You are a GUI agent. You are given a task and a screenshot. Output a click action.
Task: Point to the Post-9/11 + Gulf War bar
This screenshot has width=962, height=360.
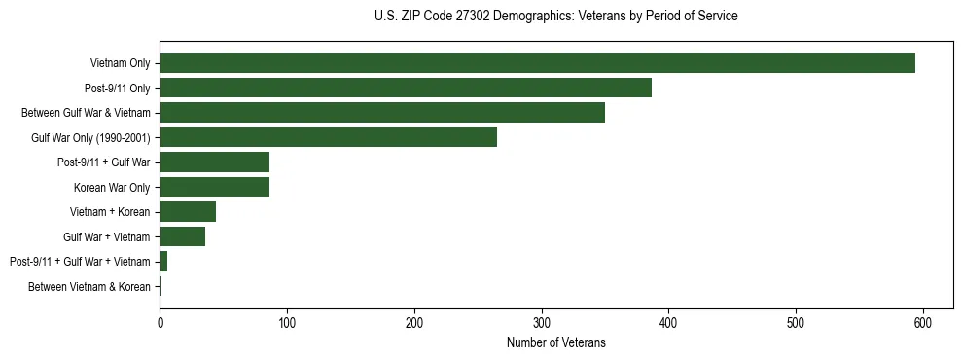tap(214, 162)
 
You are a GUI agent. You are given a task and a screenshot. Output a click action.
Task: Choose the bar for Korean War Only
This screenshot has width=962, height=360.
tap(214, 187)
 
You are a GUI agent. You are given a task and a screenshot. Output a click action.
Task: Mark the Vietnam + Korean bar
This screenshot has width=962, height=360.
tap(188, 212)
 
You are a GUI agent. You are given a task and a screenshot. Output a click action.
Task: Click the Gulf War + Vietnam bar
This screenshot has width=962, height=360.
tap(182, 236)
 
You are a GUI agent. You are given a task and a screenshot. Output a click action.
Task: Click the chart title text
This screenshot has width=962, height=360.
tap(555, 17)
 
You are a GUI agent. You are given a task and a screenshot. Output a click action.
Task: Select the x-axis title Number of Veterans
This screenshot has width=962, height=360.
tap(555, 342)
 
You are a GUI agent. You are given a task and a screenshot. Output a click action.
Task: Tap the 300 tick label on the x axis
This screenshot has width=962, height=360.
tap(541, 322)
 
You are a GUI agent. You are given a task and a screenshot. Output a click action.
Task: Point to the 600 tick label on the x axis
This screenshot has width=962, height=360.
tap(922, 322)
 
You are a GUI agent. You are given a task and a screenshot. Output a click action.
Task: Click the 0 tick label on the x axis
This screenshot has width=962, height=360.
tap(160, 322)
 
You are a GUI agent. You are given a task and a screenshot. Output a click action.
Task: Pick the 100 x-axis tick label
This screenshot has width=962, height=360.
tap(287, 322)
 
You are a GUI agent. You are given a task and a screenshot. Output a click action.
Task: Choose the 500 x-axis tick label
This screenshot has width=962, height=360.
tap(796, 322)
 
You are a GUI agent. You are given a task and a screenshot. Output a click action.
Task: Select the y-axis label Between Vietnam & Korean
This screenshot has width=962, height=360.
tap(89, 287)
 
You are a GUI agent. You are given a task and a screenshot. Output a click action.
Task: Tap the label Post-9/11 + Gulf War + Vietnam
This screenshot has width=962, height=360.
tap(80, 262)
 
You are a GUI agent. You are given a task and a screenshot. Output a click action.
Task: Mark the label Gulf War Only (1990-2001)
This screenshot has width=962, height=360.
tap(90, 137)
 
